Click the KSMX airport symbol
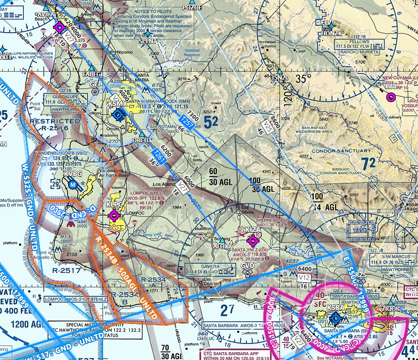click(118, 115)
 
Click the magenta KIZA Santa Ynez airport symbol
click(253, 240)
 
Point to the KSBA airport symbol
click(335, 319)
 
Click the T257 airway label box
click(186, 123)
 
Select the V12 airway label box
click(305, 277)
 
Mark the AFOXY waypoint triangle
click(223, 240)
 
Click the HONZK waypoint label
click(332, 33)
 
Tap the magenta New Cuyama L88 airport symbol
click(391, 97)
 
